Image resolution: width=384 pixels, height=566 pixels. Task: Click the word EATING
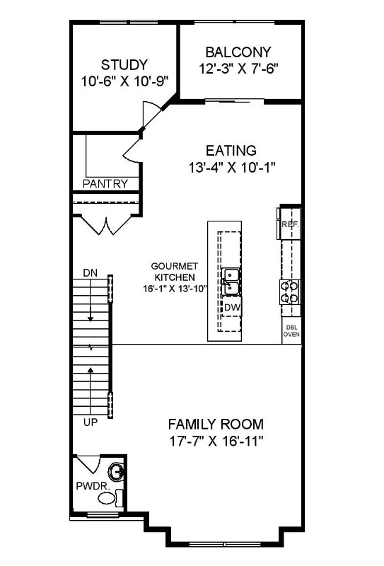pos(231,151)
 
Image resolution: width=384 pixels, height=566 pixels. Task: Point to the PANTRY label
pos(105,184)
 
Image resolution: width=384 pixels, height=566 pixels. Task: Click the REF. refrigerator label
pos(289,224)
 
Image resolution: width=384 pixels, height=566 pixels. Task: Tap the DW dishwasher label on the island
pos(232,307)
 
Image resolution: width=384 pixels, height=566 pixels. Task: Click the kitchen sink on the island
pos(231,282)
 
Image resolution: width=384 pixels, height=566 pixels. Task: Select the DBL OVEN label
pos(291,332)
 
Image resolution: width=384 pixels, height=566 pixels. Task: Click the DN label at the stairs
pos(90,272)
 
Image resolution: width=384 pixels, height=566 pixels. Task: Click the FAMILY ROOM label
pos(216,424)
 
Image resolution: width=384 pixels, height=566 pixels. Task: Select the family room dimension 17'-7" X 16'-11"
pos(216,442)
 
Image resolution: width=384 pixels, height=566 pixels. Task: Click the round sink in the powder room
pos(116,470)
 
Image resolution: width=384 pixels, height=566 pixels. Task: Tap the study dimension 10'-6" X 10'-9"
pos(124,81)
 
